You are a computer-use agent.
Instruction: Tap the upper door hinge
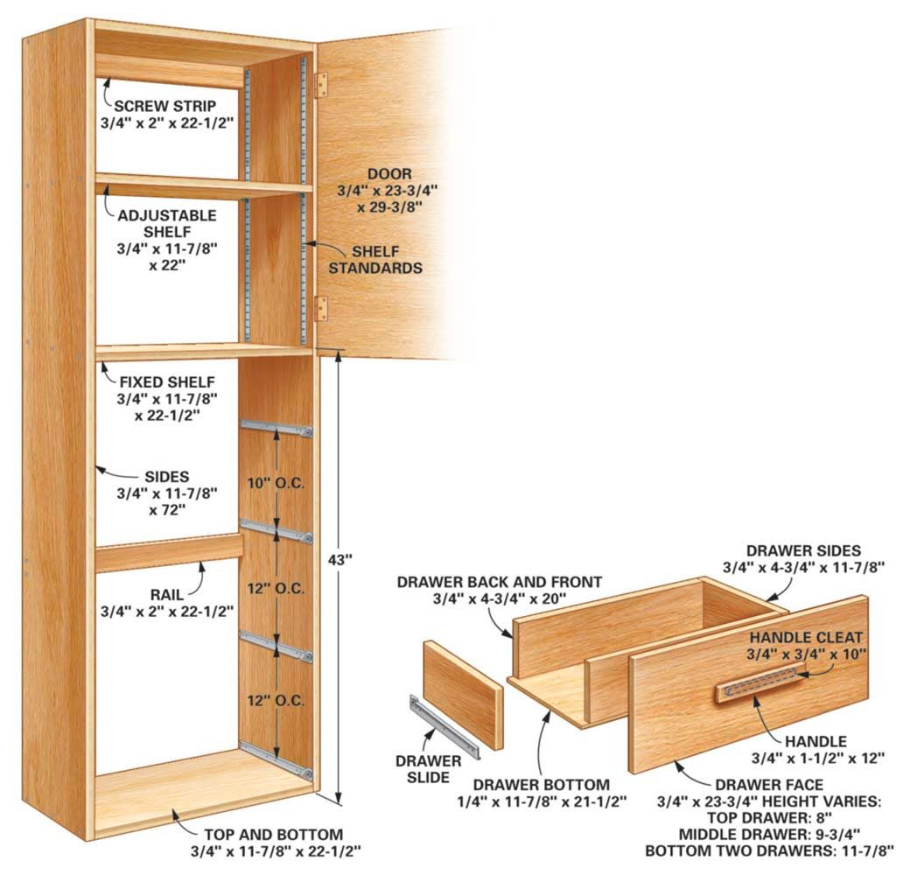coord(321,84)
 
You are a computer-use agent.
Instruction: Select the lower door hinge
coord(321,308)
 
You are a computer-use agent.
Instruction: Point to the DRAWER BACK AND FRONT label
coord(499,582)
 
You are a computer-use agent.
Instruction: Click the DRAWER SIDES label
coord(803,551)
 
